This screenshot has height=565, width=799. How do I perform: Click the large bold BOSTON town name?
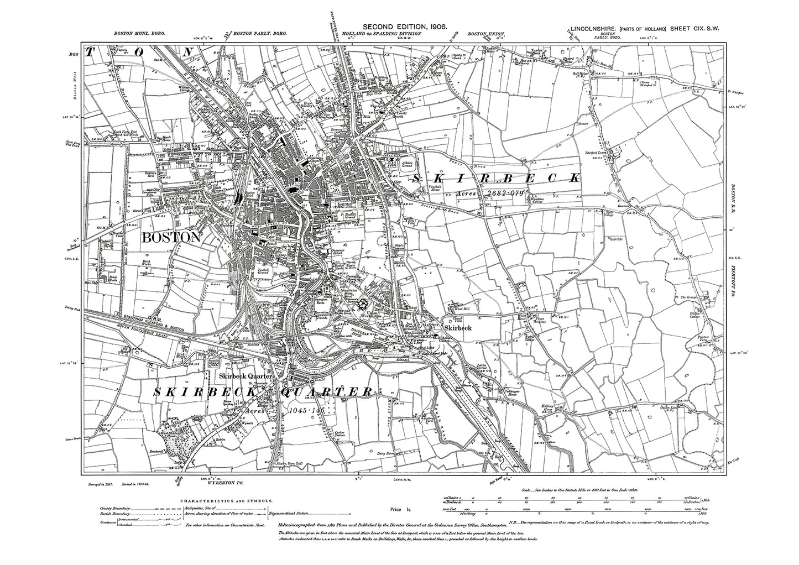(171, 238)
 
